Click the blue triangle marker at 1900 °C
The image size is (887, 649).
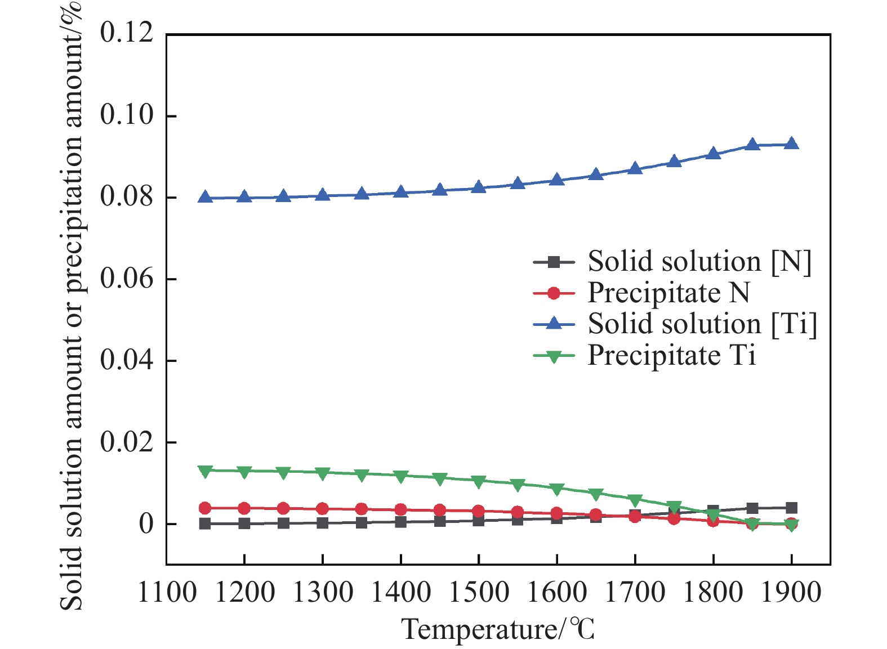coord(792,144)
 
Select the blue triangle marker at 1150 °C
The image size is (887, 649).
coord(205,196)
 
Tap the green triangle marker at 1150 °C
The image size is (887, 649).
coord(205,471)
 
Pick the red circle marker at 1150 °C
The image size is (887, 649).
coord(205,508)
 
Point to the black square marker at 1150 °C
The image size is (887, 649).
coord(205,524)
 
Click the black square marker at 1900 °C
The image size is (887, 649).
coord(792,508)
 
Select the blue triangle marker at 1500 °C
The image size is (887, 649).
coord(479,186)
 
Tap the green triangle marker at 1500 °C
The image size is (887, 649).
coord(479,482)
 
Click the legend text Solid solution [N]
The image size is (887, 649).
coord(699,262)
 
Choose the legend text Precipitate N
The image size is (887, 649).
coord(669,293)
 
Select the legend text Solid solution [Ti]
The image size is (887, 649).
coord(702,324)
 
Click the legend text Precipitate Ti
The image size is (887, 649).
coord(671,355)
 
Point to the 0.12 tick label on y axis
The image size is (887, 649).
coord(126,33)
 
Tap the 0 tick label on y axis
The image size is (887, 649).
coord(146,524)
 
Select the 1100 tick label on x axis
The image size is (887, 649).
coord(166,593)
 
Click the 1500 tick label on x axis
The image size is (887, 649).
coord(479,593)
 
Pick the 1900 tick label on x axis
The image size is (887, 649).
coord(792,593)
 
